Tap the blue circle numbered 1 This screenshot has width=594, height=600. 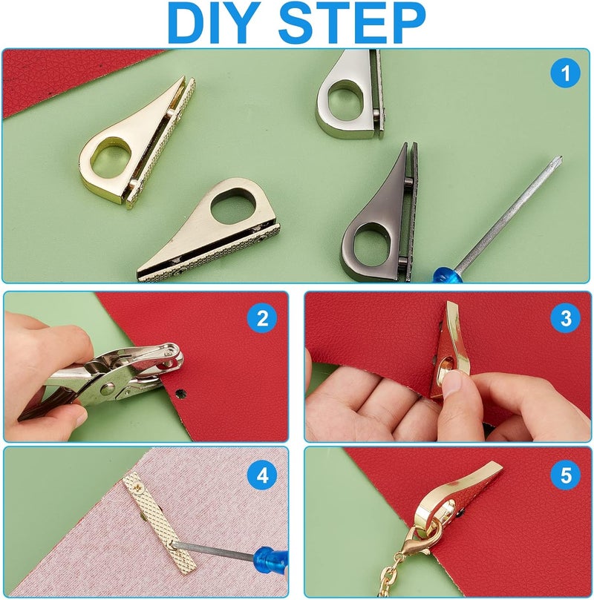tap(565, 73)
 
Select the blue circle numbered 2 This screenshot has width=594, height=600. tap(262, 318)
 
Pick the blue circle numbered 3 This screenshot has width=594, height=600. tap(566, 318)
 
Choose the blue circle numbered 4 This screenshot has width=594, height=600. tap(262, 475)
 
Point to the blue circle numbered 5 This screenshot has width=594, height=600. tap(566, 475)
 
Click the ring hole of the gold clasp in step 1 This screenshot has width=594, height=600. tap(112, 156)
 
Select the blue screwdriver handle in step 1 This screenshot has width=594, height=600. tap(447, 274)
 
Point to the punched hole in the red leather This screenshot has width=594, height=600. tap(180, 393)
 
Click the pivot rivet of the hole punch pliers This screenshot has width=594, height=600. tap(107, 389)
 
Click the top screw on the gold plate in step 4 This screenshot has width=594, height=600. tap(137, 487)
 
